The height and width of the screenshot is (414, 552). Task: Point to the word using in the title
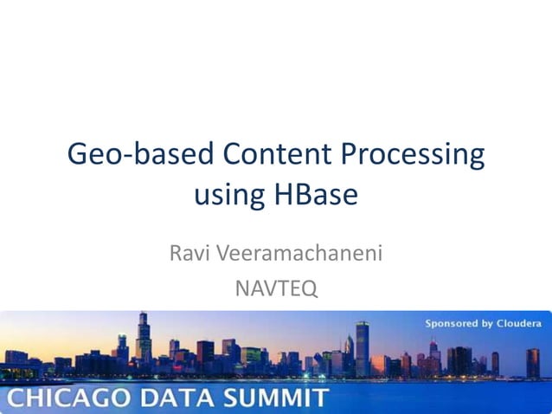click(x=228, y=195)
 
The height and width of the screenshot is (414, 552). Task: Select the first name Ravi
click(x=189, y=254)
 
